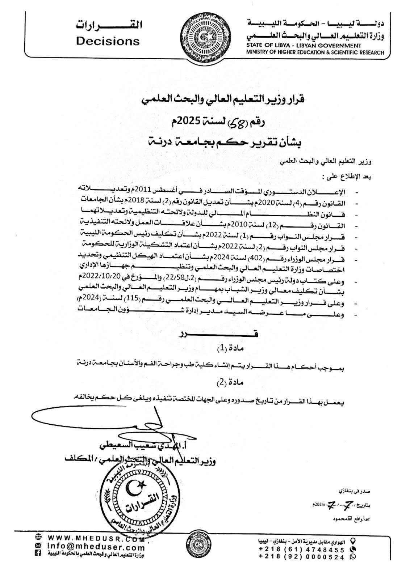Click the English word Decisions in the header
(x=108, y=41)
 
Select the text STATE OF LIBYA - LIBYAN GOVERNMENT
(x=304, y=46)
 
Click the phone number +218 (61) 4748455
(x=302, y=549)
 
